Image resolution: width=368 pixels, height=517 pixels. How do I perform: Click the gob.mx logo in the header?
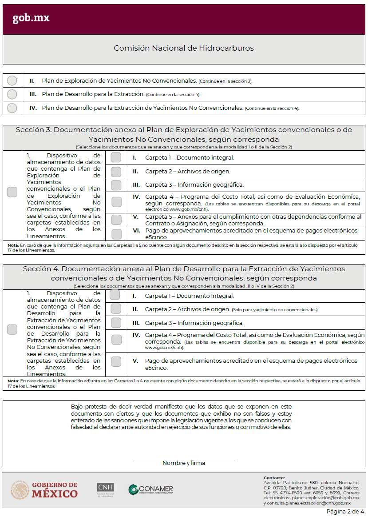pyautogui.click(x=31, y=18)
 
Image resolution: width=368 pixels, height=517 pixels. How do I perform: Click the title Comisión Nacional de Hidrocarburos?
pyautogui.click(x=184, y=48)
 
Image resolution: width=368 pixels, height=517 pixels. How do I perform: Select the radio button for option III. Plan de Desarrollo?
pyautogui.click(x=12, y=94)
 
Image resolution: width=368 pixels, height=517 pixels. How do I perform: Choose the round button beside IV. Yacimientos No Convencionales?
pyautogui.click(x=12, y=108)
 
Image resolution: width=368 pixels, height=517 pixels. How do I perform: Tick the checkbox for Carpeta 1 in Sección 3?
pyautogui.click(x=116, y=157)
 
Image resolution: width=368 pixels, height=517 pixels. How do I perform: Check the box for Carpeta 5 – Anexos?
pyautogui.click(x=116, y=220)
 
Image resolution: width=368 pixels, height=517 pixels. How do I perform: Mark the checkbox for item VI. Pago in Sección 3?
pyautogui.click(x=116, y=234)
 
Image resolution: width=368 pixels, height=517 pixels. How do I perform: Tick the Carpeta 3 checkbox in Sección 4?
pyautogui.click(x=116, y=323)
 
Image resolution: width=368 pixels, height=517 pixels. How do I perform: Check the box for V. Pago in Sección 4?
pyautogui.click(x=116, y=361)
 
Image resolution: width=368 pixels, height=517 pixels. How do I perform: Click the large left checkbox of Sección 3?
pyautogui.click(x=12, y=192)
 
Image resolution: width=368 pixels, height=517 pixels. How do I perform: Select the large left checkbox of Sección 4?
pyautogui.click(x=12, y=329)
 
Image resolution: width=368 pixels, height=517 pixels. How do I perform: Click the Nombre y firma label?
pyautogui.click(x=184, y=463)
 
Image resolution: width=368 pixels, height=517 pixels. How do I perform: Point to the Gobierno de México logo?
pyautogui.click(x=44, y=489)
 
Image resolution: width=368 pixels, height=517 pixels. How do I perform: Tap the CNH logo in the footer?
pyautogui.click(x=105, y=489)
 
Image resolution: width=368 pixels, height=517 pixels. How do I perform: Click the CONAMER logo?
pyautogui.click(x=151, y=489)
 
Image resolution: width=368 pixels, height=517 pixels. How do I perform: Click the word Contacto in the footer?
pyautogui.click(x=274, y=477)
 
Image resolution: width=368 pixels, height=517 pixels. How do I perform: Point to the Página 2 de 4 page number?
pyautogui.click(x=345, y=512)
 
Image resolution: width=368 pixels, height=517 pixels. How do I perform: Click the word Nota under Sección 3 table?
pyautogui.click(x=13, y=245)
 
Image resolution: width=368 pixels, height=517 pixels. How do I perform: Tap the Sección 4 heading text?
pyautogui.click(x=184, y=273)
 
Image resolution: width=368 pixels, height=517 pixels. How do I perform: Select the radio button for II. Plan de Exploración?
pyautogui.click(x=12, y=80)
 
